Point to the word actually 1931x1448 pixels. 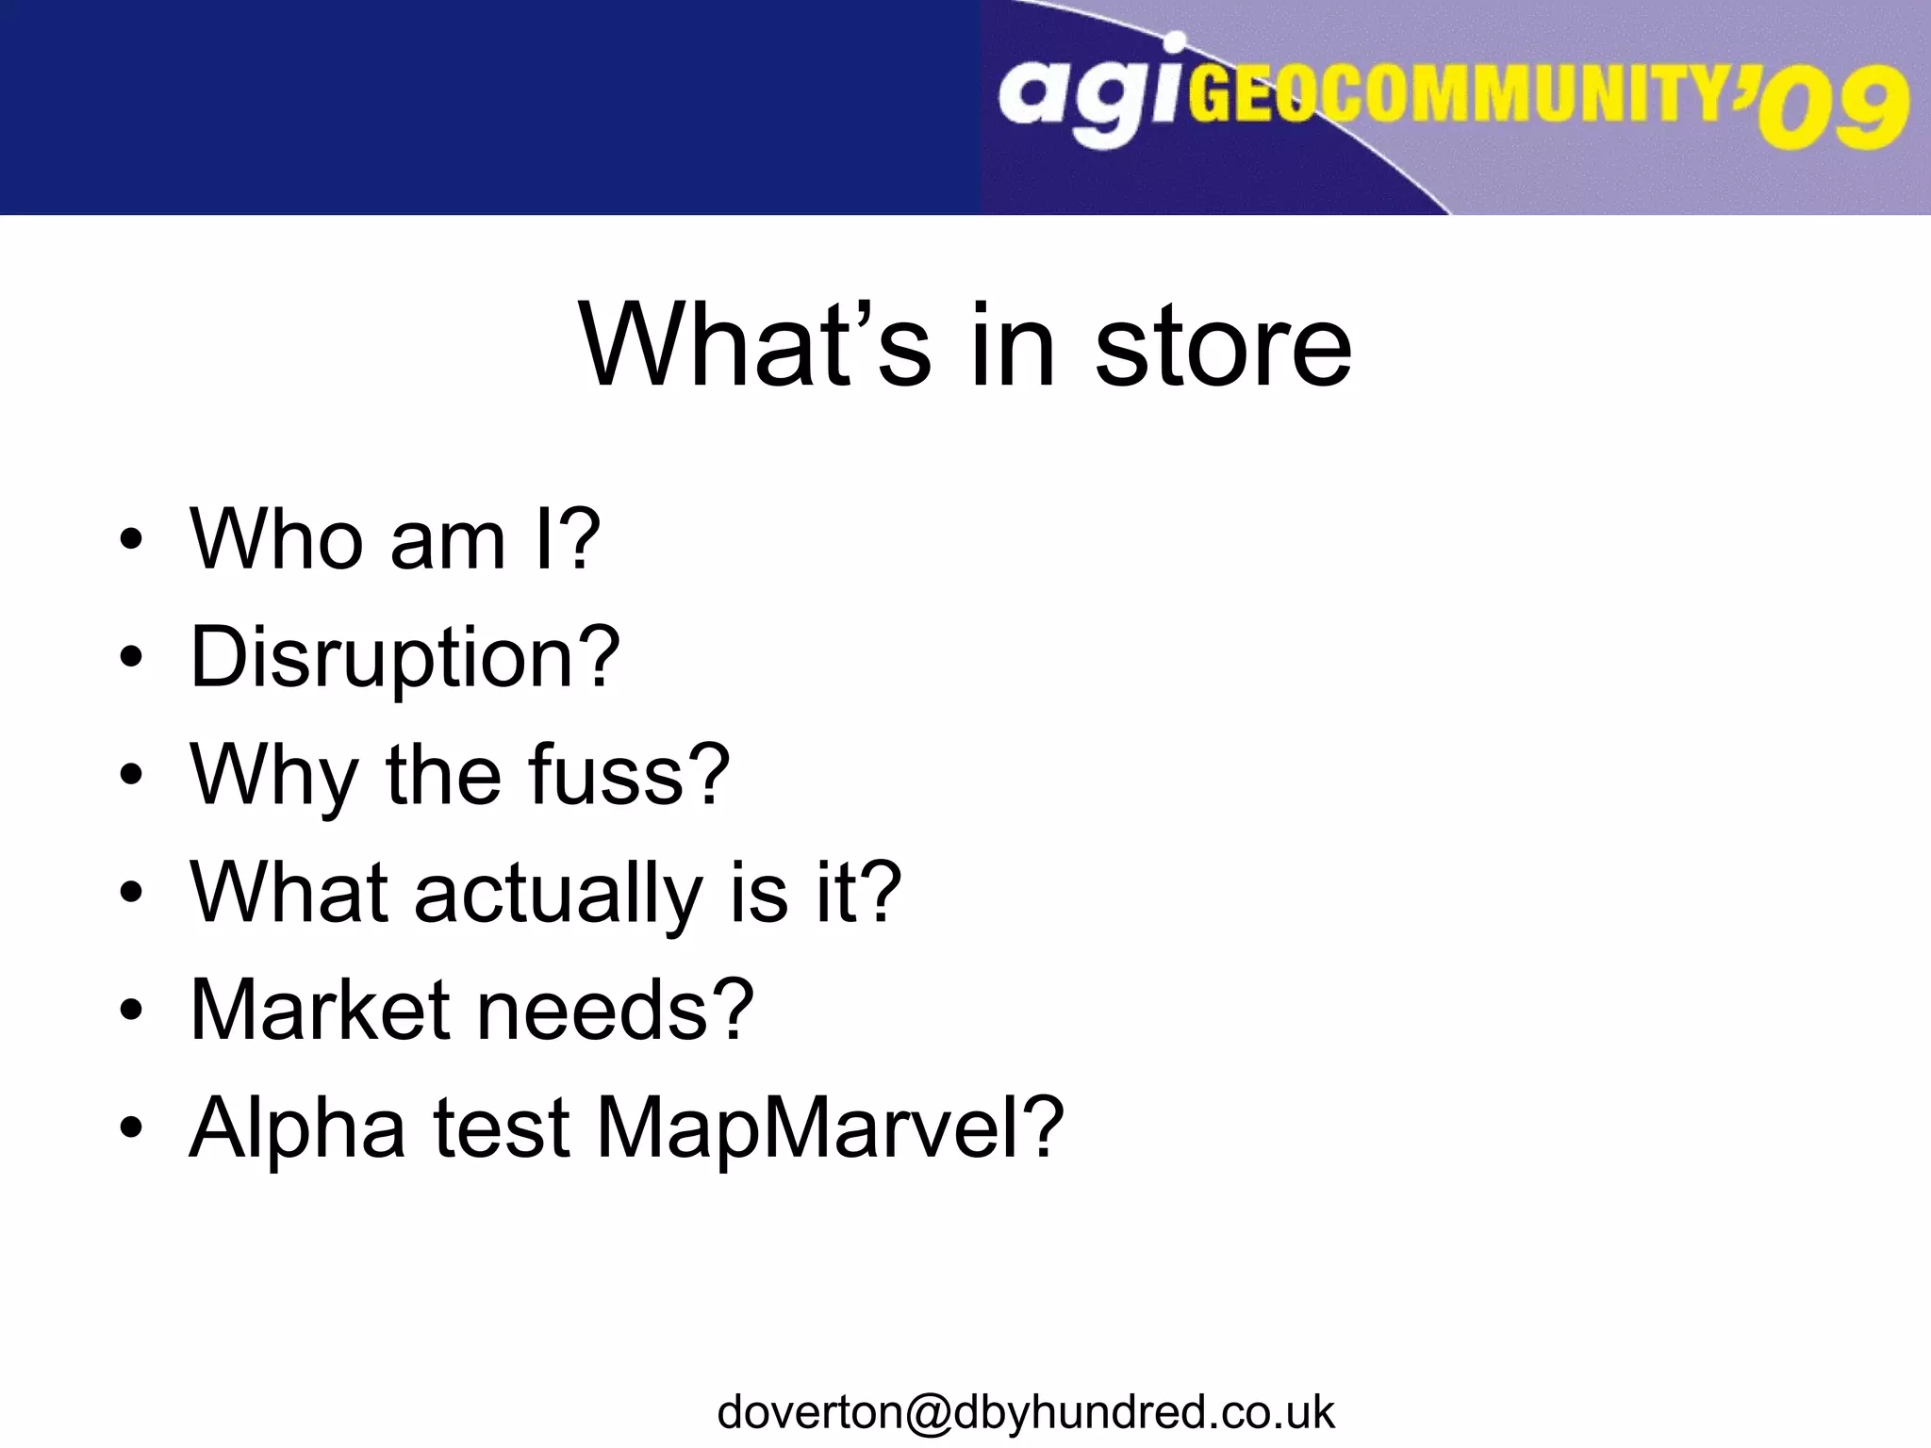[x=559, y=893]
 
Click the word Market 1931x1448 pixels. [x=320, y=1010]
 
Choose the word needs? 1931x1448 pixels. [x=616, y=1010]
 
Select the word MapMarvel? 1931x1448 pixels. [x=831, y=1127]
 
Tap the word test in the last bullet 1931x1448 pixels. [x=502, y=1127]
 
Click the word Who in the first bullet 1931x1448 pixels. [x=276, y=539]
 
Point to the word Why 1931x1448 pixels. [x=273, y=776]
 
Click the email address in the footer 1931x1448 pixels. [x=1026, y=1412]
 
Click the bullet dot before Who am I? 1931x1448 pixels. [x=131, y=540]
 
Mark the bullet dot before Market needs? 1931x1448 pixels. [x=131, y=1011]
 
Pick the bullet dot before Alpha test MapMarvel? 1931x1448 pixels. [x=131, y=1128]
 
